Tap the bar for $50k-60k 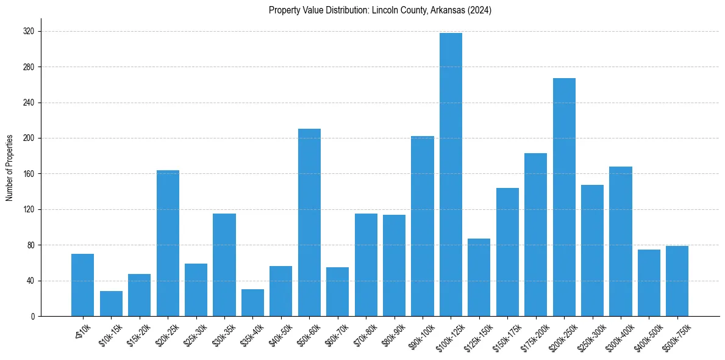[309, 222]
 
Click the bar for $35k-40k [252, 303]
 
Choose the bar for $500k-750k [677, 281]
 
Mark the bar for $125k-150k [479, 277]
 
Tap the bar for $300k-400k [620, 241]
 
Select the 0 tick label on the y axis [33, 317]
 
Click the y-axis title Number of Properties [10, 168]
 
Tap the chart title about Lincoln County [380, 10]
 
